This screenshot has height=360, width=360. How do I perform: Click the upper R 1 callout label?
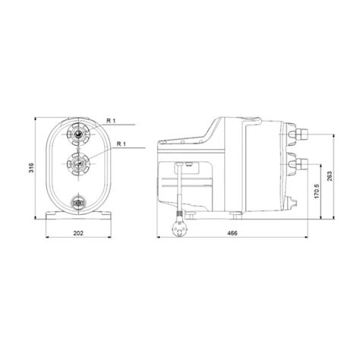(x=112, y=120)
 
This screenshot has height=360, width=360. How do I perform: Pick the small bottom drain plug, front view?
(x=77, y=201)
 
